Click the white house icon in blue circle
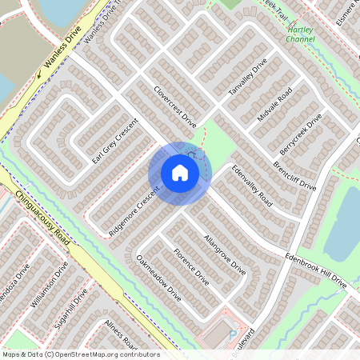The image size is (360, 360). pos(179,173)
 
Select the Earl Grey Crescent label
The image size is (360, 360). pos(115,142)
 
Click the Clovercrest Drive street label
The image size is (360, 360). pos(174,107)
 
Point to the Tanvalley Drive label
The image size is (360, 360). pos(246,80)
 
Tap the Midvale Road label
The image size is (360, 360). pos(276,106)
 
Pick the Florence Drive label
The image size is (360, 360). pos(191,267)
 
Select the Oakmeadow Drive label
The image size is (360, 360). pos(158,278)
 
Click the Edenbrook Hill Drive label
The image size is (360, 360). pos(318,271)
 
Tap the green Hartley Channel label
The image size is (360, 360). pos(301,34)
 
